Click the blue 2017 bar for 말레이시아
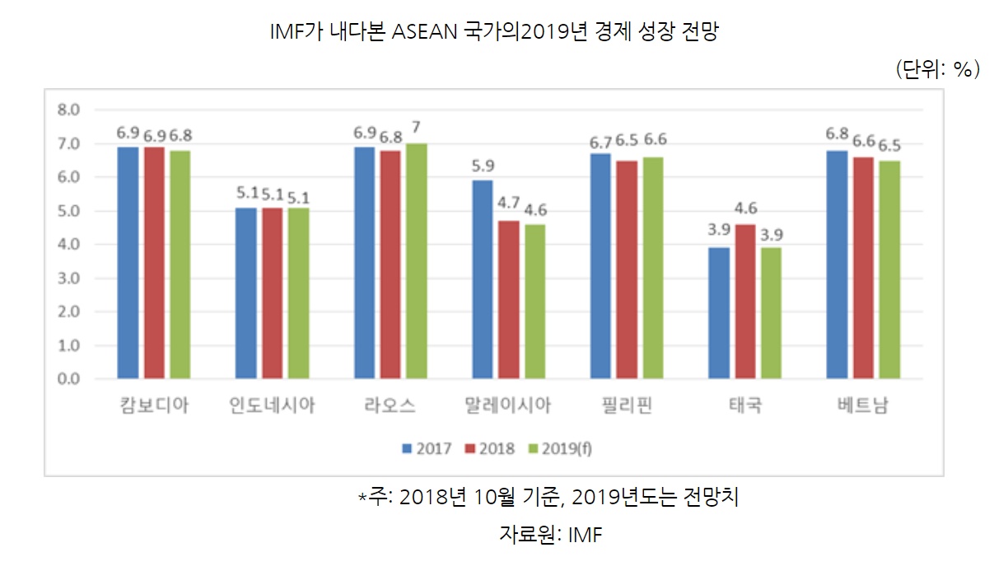coord(483,279)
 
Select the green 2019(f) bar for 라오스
coord(417,261)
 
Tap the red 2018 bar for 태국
coord(745,302)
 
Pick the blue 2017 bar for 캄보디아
coord(128,263)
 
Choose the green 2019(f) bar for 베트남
coord(889,269)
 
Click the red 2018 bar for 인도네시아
coord(273,293)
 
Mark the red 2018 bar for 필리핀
coord(628,269)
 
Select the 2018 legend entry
coord(490,448)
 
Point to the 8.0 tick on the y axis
coord(68,110)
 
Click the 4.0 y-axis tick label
coord(68,245)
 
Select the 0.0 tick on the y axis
coord(68,379)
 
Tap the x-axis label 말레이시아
coord(508,406)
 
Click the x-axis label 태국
coord(745,406)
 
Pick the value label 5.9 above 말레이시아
coord(483,166)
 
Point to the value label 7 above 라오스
coord(417,128)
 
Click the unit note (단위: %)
coord(936,70)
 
